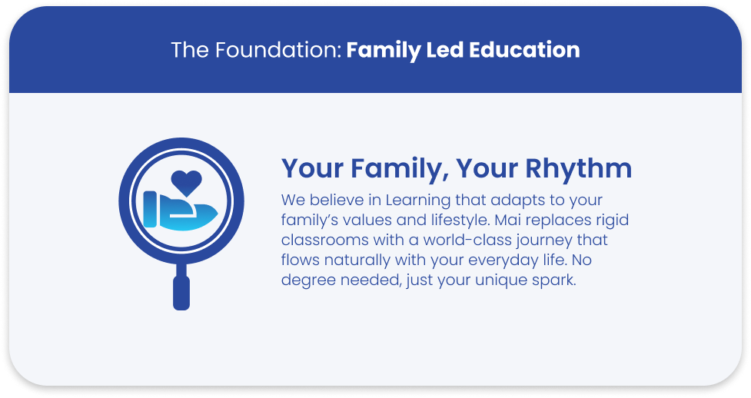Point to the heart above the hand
tap(186, 182)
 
